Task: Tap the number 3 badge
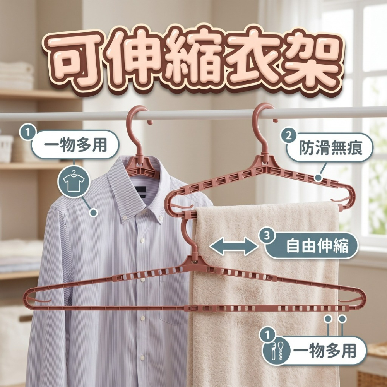coord(267,236)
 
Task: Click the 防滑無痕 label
coord(331,148)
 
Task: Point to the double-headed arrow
coord(233,246)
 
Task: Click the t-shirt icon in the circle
coord(74,182)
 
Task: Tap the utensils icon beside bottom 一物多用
coord(277,350)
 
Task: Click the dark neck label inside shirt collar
coord(141,191)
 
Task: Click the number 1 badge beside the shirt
coord(27,132)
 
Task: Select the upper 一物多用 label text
coord(75,145)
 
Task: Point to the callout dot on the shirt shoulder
coord(93,212)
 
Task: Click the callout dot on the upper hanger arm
coord(319,178)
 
